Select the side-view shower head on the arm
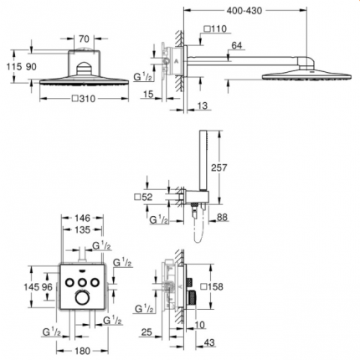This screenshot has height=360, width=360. pyautogui.click(x=293, y=76)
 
